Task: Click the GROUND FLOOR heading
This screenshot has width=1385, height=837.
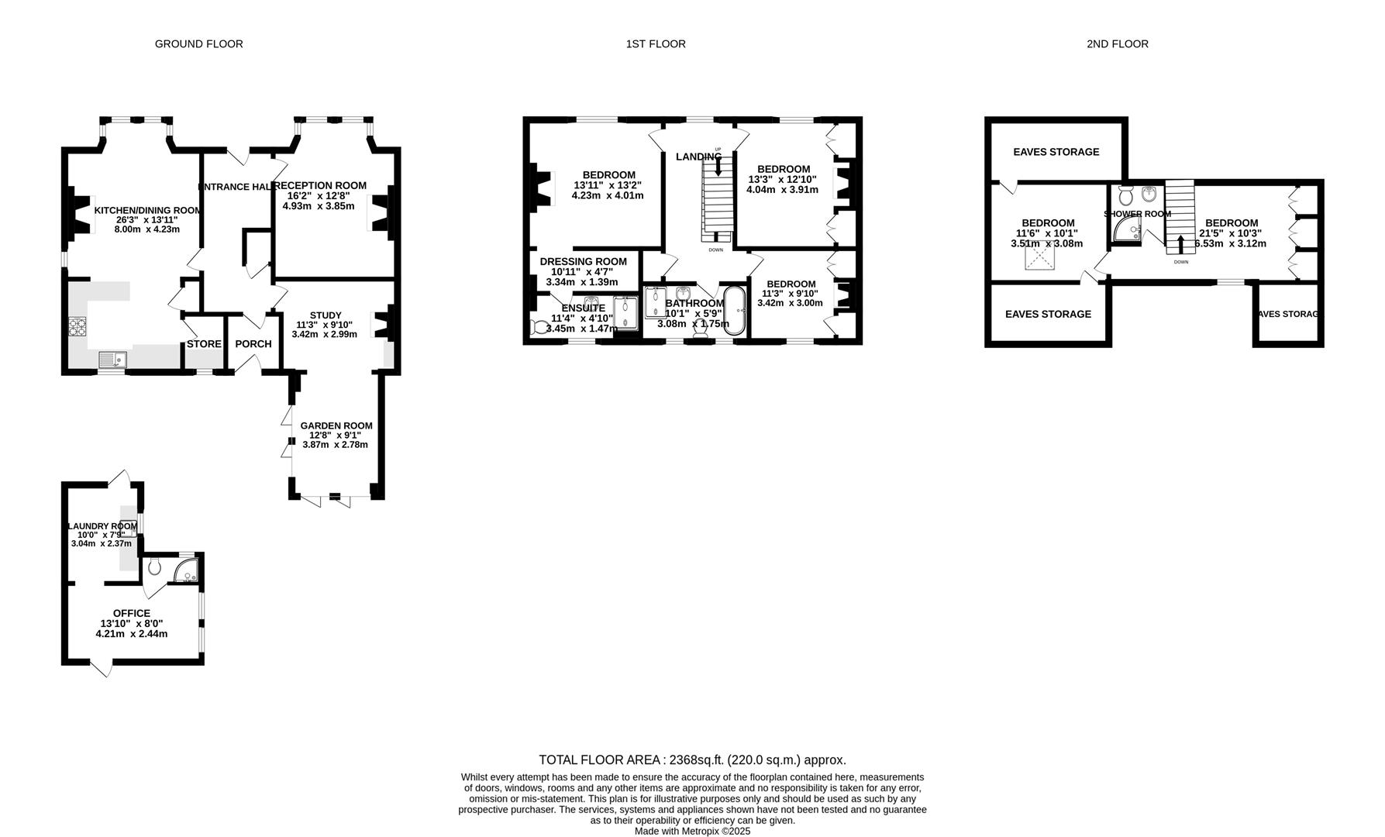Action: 198,44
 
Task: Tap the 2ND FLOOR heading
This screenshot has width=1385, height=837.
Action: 1117,44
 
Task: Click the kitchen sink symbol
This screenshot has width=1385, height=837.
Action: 113,359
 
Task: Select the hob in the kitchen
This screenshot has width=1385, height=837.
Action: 78,327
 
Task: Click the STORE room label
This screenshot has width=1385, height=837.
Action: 204,344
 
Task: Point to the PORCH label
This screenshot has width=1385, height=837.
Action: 253,344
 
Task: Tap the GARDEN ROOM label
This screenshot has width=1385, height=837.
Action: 336,425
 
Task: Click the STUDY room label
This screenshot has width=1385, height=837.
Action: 326,315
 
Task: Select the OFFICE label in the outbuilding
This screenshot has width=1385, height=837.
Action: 132,613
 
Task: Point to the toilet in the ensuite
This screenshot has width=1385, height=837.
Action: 537,328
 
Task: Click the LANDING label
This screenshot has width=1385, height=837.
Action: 698,157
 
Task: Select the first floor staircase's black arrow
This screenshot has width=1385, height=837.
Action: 718,165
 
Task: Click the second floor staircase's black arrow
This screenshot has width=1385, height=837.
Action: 1180,244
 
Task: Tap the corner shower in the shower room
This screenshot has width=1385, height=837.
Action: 1128,229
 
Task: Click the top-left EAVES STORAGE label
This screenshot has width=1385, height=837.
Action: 1056,152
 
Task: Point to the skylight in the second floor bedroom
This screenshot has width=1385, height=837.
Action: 1040,262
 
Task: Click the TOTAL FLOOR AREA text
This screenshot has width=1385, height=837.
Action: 692,760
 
